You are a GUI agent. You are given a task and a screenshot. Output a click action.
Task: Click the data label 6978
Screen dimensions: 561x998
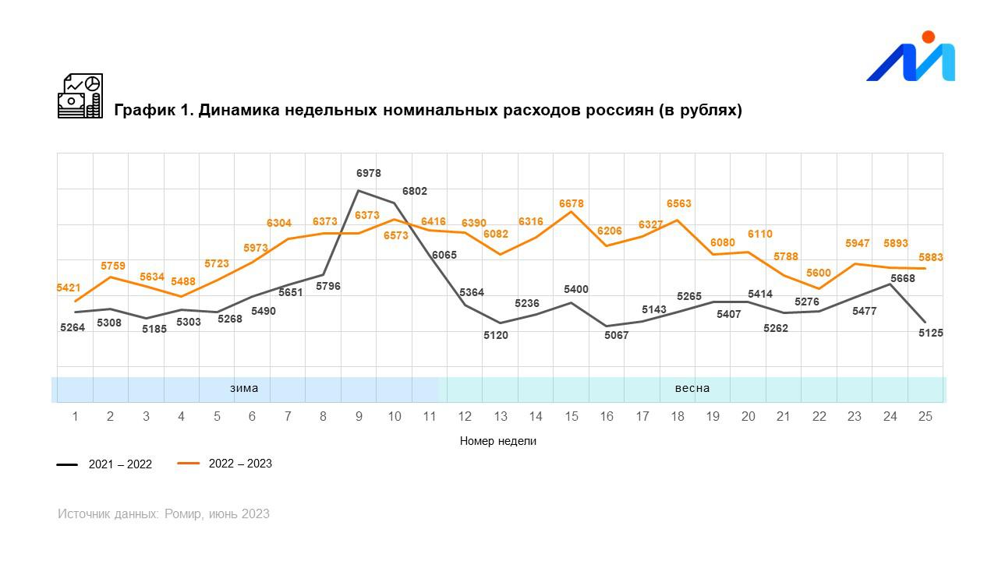point(369,173)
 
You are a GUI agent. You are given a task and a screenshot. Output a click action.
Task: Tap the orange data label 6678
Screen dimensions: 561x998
point(571,204)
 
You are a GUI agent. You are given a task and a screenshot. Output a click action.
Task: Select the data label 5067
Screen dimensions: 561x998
point(616,336)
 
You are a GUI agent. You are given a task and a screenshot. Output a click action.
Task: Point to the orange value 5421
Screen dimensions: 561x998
point(69,288)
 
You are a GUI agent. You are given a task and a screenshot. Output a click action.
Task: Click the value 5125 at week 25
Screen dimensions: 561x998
point(931,333)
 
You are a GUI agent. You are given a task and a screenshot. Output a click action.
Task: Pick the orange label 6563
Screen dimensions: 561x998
point(679,204)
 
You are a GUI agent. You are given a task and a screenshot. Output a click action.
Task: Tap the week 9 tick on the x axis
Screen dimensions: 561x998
point(359,417)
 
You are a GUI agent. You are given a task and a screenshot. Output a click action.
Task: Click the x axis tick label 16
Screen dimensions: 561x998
point(607,417)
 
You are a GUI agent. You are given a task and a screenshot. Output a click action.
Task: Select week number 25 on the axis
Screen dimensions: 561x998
point(925,417)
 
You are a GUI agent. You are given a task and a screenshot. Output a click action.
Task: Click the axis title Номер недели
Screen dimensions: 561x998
point(498,441)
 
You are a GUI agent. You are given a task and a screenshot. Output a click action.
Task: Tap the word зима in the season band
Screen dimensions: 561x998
point(244,388)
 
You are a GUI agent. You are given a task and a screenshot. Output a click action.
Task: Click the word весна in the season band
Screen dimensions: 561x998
point(692,388)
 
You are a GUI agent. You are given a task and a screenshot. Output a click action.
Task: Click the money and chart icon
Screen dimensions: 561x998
point(80,96)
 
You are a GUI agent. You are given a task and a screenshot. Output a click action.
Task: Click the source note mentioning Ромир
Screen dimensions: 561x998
point(164,513)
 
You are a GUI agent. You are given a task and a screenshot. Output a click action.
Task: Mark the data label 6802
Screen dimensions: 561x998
point(415,191)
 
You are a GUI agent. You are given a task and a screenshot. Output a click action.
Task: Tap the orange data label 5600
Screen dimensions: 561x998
point(819,273)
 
